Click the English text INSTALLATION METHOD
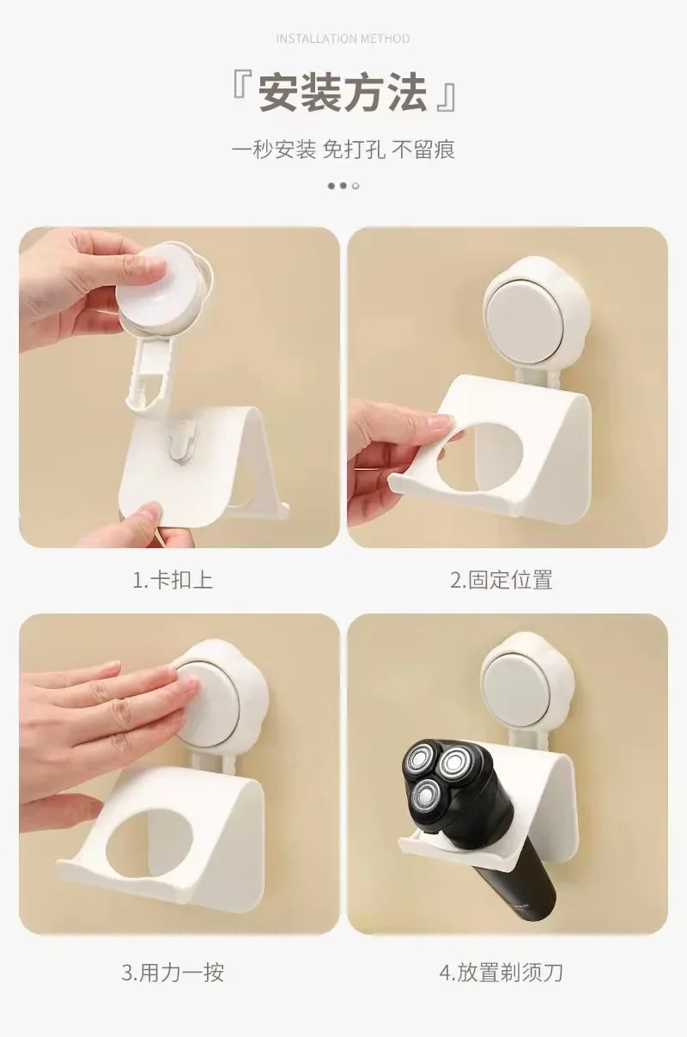coord(343,39)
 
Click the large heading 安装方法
coord(343,93)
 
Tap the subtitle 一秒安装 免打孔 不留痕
coord(343,149)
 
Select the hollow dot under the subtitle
coord(356,186)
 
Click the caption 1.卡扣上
coord(173,580)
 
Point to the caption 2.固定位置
coord(502,580)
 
